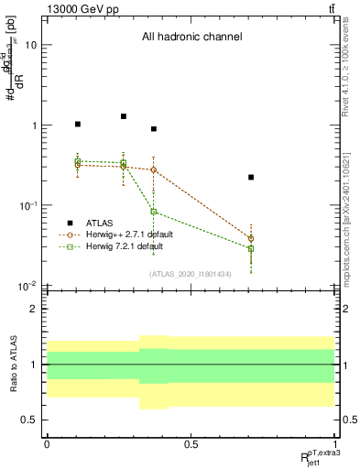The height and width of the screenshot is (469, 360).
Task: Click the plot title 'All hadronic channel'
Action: click(x=191, y=38)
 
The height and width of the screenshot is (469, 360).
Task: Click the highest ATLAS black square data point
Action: click(x=124, y=116)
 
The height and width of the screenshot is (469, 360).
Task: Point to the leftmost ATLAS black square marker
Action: click(x=78, y=124)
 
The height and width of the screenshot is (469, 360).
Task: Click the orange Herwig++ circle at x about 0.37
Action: click(x=154, y=169)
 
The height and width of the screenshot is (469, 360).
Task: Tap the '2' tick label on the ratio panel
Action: click(x=34, y=309)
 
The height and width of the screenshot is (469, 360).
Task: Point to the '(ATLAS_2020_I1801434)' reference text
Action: click(x=191, y=274)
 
